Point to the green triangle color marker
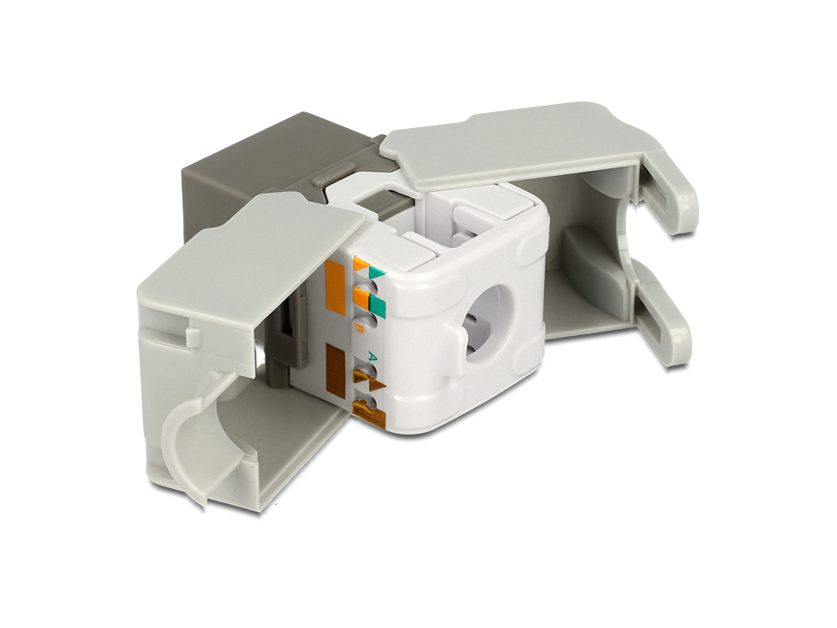pyautogui.click(x=376, y=271)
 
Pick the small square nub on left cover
pyautogui.click(x=193, y=337)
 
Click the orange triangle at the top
pyautogui.click(x=361, y=265)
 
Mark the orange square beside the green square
pyautogui.click(x=361, y=296)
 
